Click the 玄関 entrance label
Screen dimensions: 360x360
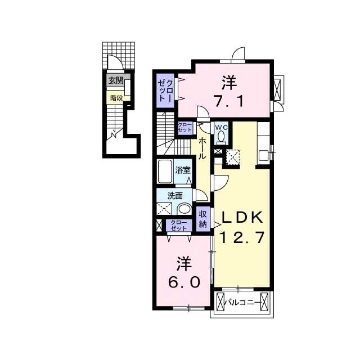(116, 80)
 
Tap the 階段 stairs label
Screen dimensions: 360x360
(116, 98)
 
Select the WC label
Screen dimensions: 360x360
(221, 128)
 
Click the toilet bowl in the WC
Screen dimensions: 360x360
(221, 136)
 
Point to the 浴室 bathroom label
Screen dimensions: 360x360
(182, 170)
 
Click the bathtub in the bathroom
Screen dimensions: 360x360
(165, 171)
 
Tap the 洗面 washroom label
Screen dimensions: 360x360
(175, 196)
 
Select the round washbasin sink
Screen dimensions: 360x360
(184, 209)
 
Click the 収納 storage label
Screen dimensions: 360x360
(203, 219)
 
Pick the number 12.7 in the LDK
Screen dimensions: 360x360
(242, 237)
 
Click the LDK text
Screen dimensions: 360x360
(242, 218)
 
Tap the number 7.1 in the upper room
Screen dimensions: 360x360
(228, 101)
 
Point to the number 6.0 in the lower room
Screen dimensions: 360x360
(184, 282)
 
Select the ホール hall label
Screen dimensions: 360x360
(202, 148)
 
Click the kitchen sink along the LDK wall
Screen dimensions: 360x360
(263, 155)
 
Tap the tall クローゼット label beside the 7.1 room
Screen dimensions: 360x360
(165, 91)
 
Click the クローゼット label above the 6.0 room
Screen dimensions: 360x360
(179, 225)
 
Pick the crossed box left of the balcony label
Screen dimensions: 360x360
(220, 301)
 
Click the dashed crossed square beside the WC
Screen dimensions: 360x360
(233, 157)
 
